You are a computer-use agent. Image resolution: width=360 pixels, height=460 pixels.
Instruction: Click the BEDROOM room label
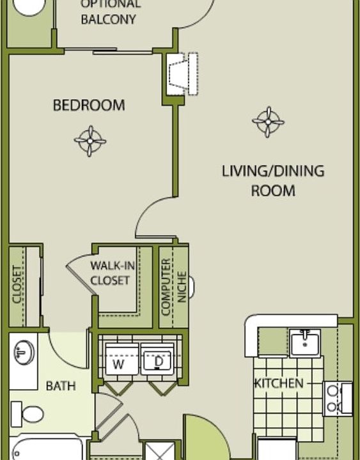(x=89, y=105)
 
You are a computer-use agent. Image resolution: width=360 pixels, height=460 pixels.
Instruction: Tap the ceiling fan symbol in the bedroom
(x=90, y=140)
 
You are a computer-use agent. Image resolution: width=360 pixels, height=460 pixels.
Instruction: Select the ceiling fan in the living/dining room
(x=267, y=121)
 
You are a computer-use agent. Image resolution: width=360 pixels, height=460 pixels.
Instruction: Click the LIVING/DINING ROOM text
(x=273, y=181)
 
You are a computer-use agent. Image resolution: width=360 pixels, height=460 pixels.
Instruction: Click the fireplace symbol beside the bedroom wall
(x=180, y=72)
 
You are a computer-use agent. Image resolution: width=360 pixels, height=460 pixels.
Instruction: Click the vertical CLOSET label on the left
(x=17, y=285)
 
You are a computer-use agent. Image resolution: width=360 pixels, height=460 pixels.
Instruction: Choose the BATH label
(x=61, y=386)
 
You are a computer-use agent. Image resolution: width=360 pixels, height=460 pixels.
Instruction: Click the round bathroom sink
(x=24, y=351)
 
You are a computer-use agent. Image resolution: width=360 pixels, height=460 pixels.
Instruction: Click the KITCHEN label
(x=278, y=383)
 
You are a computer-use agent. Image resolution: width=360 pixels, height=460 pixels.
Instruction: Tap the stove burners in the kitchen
(x=333, y=398)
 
